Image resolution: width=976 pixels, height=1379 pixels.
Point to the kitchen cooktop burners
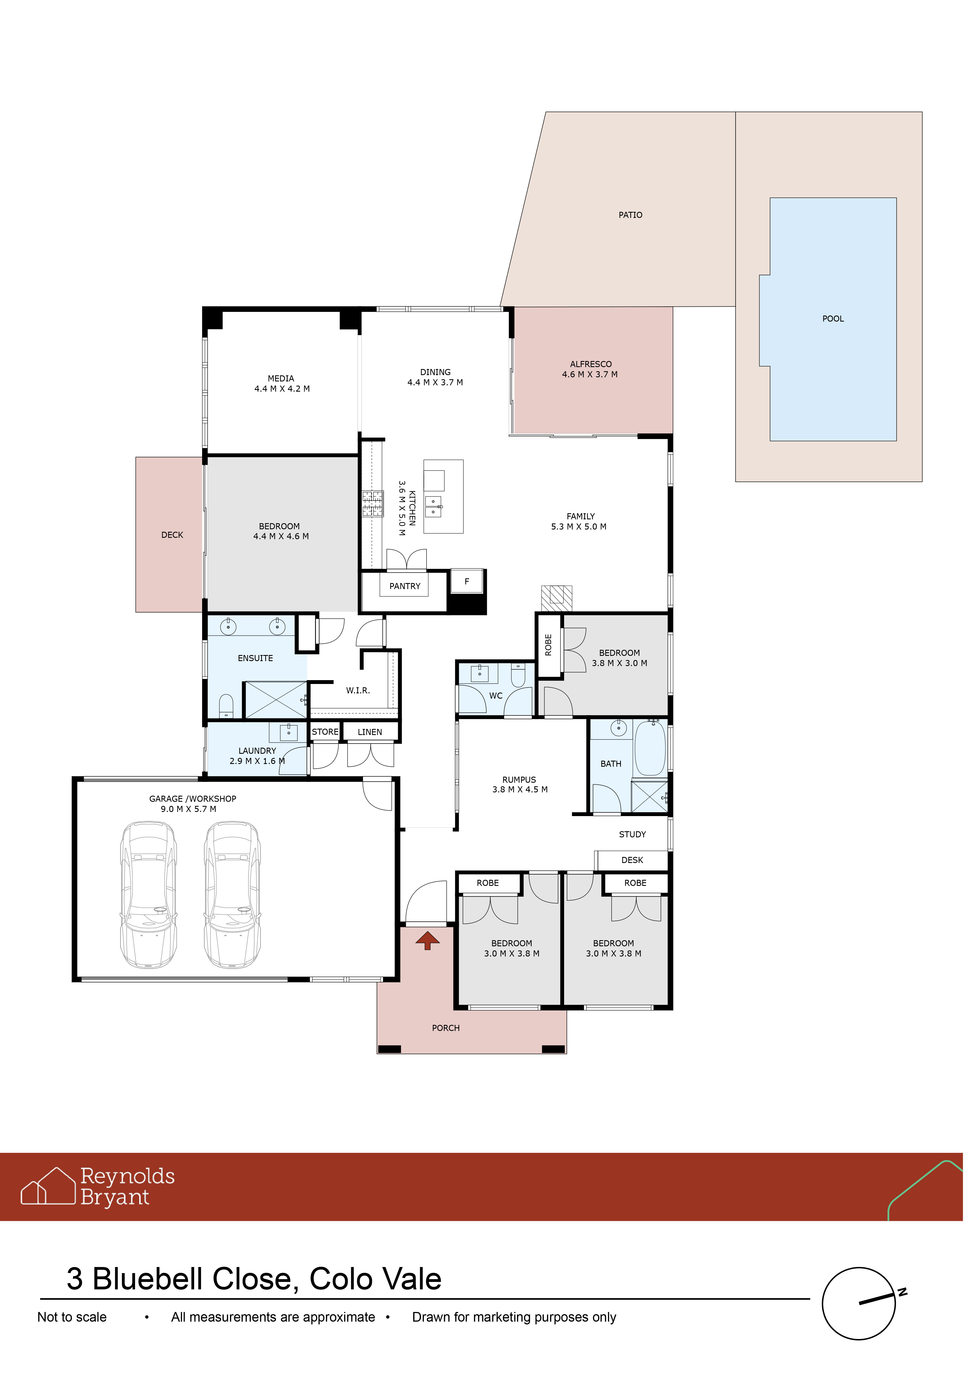click(372, 504)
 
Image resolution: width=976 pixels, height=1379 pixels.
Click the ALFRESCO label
click(591, 364)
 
